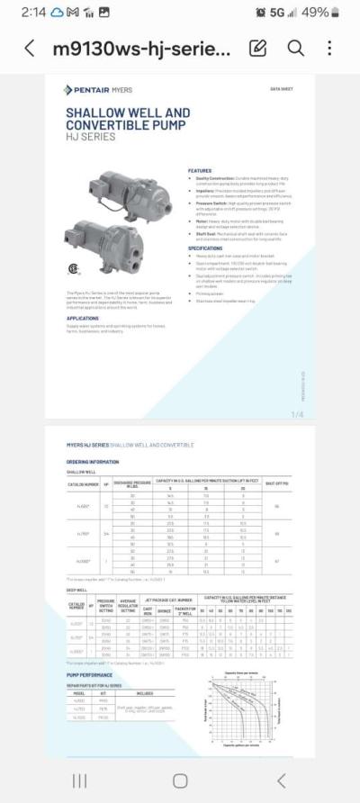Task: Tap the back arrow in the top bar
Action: tap(30, 49)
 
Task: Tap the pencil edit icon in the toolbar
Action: tap(258, 49)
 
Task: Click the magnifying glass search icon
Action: tap(295, 49)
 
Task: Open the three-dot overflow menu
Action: tap(330, 49)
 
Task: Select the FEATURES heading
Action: tap(200, 170)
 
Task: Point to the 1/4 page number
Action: tap(298, 414)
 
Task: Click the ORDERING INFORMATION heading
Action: tap(92, 462)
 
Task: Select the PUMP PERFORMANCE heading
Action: tap(89, 674)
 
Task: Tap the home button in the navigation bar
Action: tap(180, 780)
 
